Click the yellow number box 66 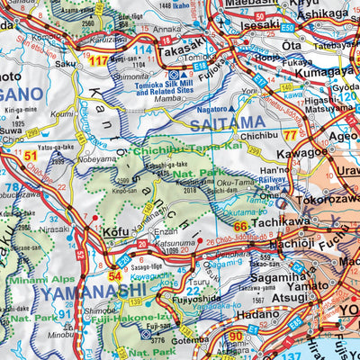tap(240, 227)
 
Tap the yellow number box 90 tap(235, 337)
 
